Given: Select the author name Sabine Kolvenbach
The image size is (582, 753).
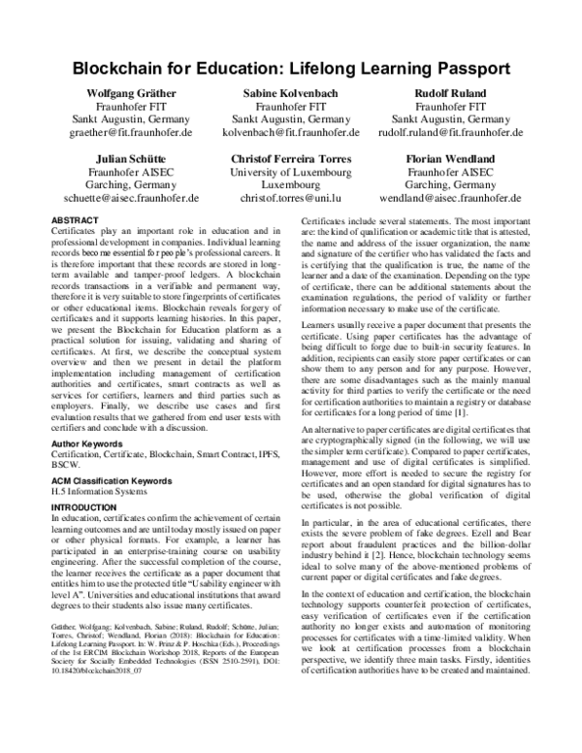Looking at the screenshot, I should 290,92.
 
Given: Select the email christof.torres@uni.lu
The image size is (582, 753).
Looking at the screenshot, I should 290,196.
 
